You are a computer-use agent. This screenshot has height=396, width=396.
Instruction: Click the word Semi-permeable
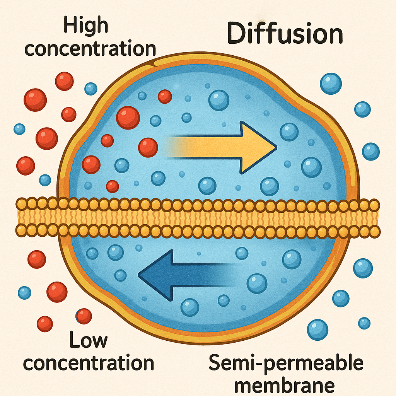pos(286,363)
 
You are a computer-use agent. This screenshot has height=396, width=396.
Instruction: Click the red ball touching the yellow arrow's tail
pos(148,147)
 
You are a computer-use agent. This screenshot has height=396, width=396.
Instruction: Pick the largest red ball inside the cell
pos(128,118)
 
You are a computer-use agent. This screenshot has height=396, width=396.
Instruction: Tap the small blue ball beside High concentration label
pos(91,89)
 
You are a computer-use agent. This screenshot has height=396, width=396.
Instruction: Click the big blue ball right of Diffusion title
pos(331,84)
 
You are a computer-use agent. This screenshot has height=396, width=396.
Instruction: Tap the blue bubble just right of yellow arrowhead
pos(289,132)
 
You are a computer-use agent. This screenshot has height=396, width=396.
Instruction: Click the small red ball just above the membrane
pos(113,186)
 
